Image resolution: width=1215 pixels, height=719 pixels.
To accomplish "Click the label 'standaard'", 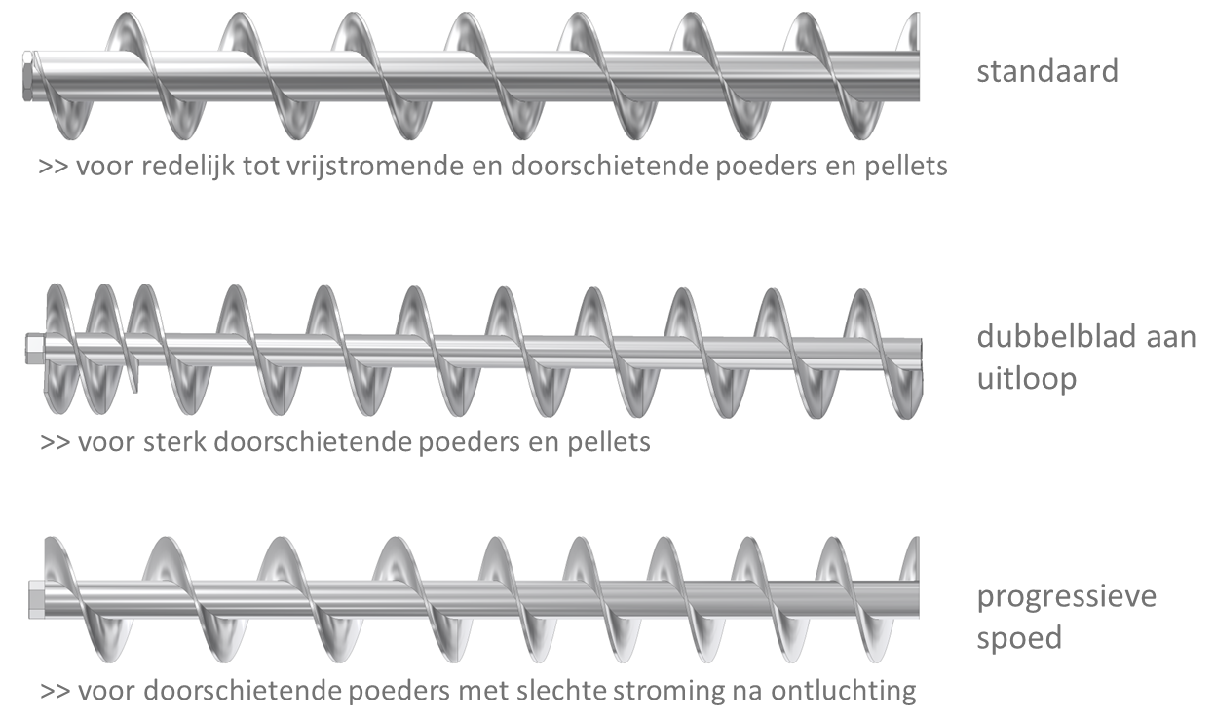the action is [1047, 71].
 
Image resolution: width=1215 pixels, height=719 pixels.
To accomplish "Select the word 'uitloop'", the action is [1027, 378].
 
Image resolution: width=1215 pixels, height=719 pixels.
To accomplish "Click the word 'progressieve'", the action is [1067, 596].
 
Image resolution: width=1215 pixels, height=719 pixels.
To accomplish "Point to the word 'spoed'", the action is [1019, 638].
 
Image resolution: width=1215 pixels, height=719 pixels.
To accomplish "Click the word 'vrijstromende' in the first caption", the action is [375, 166].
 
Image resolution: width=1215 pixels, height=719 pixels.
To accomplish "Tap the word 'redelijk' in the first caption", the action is [188, 166].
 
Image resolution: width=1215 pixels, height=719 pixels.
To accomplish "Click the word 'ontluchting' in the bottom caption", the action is [844, 692].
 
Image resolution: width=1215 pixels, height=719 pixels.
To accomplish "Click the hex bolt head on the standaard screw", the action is [27, 76].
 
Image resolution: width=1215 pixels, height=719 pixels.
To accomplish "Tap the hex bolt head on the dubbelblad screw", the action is [35, 349].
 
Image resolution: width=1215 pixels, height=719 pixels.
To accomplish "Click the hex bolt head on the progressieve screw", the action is [37, 600].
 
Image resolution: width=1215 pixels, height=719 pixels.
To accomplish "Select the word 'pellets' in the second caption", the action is [609, 442].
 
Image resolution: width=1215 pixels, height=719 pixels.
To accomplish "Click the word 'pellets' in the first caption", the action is [906, 166].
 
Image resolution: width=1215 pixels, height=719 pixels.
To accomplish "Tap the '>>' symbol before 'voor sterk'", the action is [56, 443].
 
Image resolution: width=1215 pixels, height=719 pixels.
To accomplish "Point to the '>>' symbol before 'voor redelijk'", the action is [54, 167].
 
